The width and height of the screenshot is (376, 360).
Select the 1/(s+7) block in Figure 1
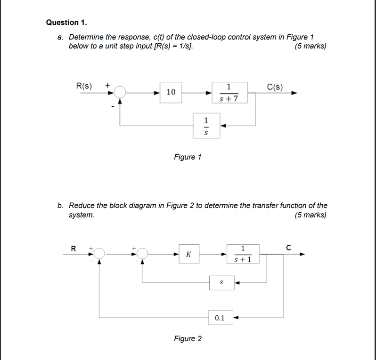[x=229, y=93]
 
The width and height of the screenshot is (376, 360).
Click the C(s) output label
[x=275, y=86]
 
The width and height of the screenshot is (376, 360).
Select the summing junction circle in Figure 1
[x=121, y=93]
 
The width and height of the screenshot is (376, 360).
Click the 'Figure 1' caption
[x=187, y=157]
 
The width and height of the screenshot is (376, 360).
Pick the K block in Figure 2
[x=188, y=254]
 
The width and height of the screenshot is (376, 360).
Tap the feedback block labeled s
[x=221, y=283]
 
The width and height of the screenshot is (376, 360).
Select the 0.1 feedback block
[x=220, y=318]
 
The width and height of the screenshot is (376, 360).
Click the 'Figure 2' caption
[x=187, y=339]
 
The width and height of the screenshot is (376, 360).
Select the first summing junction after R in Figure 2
[x=99, y=254]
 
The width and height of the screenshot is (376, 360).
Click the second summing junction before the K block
[x=142, y=254]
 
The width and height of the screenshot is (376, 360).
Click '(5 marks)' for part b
[x=310, y=215]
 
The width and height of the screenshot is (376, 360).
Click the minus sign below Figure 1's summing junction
[x=113, y=107]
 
